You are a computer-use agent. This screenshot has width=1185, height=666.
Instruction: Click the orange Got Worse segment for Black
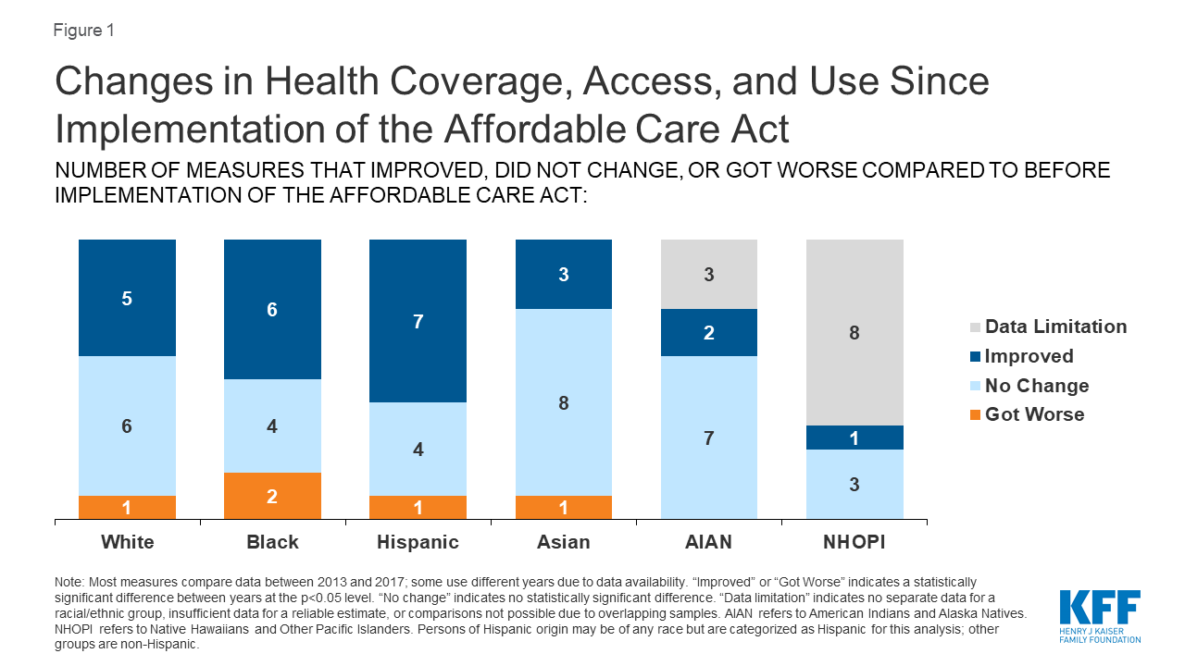pyautogui.click(x=272, y=496)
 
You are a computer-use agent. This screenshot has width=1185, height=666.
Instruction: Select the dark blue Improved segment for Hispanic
pyautogui.click(x=418, y=321)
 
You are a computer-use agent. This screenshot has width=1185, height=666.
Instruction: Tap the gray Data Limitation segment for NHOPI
pyautogui.click(x=854, y=332)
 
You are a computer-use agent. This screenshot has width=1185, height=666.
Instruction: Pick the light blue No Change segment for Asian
pyautogui.click(x=563, y=402)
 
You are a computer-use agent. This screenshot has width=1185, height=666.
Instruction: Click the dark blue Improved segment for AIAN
pyautogui.click(x=708, y=333)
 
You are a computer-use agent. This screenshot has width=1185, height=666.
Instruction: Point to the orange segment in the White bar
pyautogui.click(x=127, y=507)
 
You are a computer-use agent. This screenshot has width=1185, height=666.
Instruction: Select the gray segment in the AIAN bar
pyautogui.click(x=708, y=274)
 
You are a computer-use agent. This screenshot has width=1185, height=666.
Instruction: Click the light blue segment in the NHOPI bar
pyautogui.click(x=854, y=484)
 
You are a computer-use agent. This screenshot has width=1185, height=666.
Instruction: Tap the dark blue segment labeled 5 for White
pyautogui.click(x=127, y=298)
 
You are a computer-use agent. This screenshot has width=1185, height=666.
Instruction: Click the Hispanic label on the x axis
pyautogui.click(x=418, y=542)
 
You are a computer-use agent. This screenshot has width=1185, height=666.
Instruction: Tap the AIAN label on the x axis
pyautogui.click(x=708, y=542)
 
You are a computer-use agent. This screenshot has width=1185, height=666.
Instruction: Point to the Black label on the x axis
pyautogui.click(x=272, y=542)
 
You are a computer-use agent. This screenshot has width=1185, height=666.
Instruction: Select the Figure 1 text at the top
pyautogui.click(x=83, y=30)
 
